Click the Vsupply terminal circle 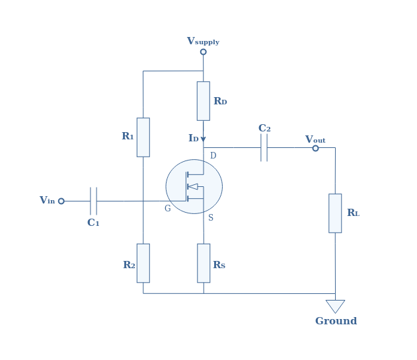click(203, 52)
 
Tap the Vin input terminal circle click(61, 201)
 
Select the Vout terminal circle click(315, 148)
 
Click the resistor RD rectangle click(204, 101)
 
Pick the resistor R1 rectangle click(143, 137)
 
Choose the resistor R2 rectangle click(143, 263)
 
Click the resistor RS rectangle click(204, 263)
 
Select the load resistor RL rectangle click(335, 213)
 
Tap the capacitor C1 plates click(93, 201)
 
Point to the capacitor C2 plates click(264, 147)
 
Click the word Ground click(336, 321)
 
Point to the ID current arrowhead click(203, 139)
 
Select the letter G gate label click(168, 208)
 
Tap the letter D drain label click(213, 155)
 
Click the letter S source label click(211, 217)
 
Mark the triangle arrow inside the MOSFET click(194, 186)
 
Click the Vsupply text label click(203, 41)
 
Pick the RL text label click(354, 213)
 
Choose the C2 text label click(264, 128)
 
